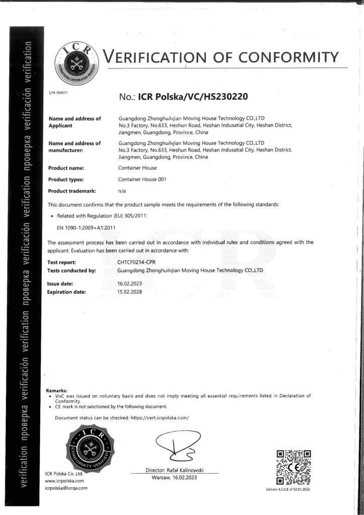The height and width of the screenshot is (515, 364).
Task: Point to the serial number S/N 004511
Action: pyautogui.click(x=58, y=93)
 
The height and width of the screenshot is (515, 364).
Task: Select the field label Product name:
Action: pyautogui.click(x=66, y=167)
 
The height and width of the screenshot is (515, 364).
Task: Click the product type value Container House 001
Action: pyautogui.click(x=142, y=179)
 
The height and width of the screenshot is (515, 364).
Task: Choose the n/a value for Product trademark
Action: pyautogui.click(x=122, y=191)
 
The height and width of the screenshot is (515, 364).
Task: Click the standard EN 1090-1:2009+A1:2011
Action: pyautogui.click(x=86, y=228)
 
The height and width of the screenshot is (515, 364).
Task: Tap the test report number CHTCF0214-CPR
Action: pyautogui.click(x=136, y=262)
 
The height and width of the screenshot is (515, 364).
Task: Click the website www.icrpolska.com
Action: pyautogui.click(x=64, y=481)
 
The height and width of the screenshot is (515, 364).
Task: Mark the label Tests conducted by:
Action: pyautogui.click(x=71, y=270)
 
